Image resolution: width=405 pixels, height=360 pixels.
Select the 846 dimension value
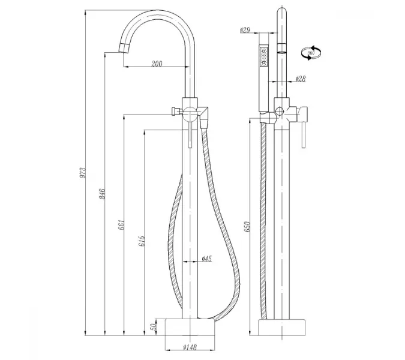click(x=103, y=194)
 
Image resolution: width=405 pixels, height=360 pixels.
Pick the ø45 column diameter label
click(x=205, y=259)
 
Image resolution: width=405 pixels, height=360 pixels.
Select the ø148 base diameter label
click(x=189, y=346)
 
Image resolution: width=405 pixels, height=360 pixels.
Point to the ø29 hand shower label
click(x=245, y=30)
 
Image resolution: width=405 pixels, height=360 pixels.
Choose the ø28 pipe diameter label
click(x=301, y=79)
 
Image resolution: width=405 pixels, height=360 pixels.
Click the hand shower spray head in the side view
click(x=263, y=57)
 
